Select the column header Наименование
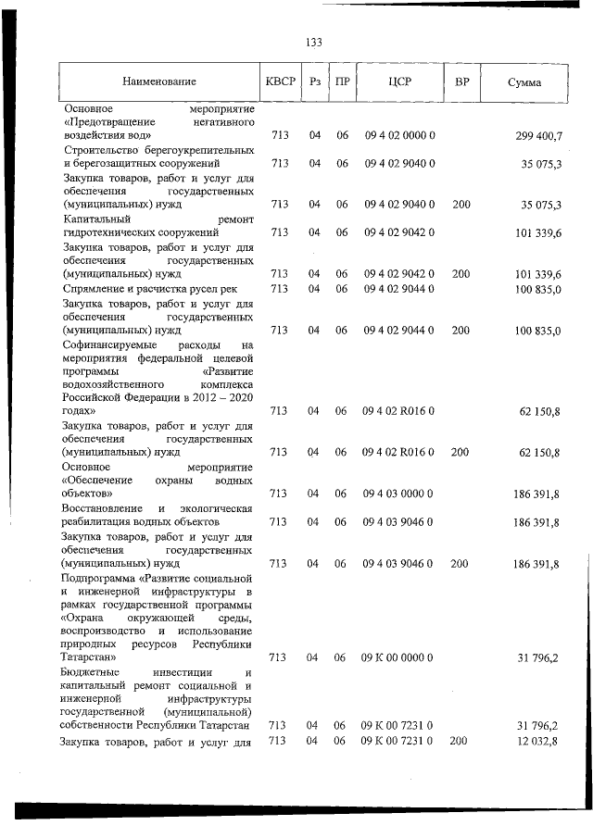click(x=158, y=82)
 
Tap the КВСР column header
click(x=280, y=81)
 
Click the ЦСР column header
click(x=400, y=81)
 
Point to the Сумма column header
click(x=524, y=82)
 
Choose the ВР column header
click(x=461, y=81)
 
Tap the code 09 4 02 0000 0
click(x=399, y=136)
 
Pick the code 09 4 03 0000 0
click(x=399, y=494)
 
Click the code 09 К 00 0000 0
click(x=398, y=657)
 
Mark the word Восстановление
click(x=102, y=508)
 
